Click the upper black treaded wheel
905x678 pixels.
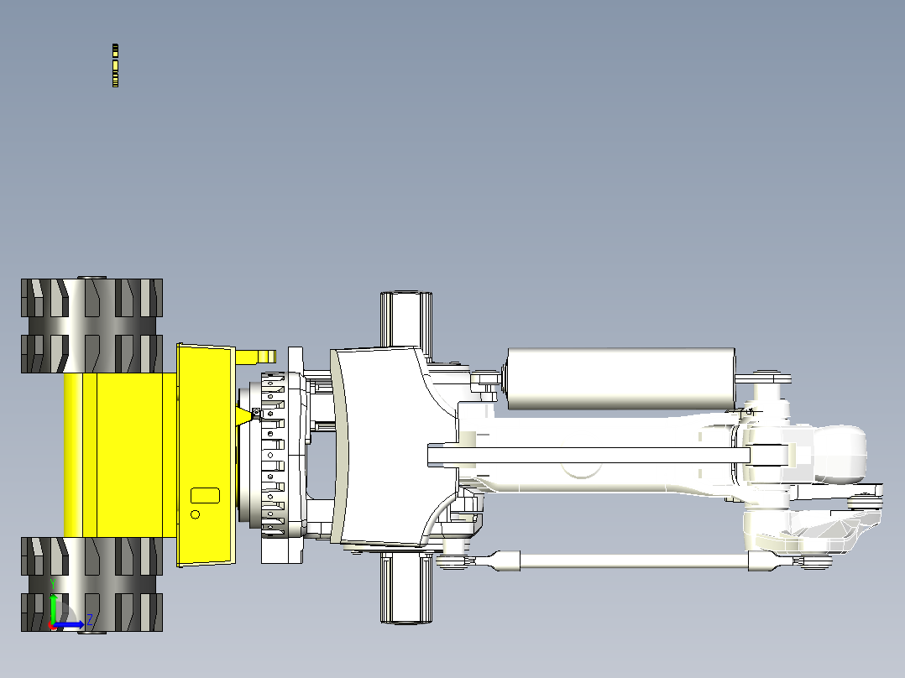[92, 326]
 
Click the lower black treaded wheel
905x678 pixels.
[92, 585]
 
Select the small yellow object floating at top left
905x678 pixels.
[116, 65]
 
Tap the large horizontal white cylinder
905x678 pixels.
[620, 378]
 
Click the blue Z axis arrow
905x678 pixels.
[69, 624]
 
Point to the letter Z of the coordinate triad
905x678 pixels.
[90, 621]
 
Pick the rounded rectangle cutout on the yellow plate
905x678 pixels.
[205, 495]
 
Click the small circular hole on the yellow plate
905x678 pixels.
[195, 514]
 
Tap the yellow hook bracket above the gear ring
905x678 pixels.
[254, 357]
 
